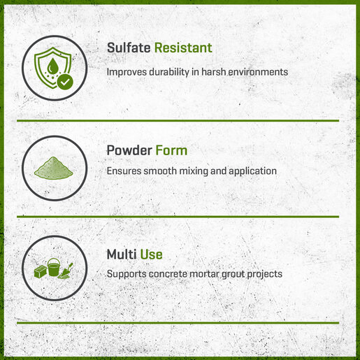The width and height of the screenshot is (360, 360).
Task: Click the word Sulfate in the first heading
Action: (x=129, y=48)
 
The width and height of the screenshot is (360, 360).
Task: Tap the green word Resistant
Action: (x=183, y=48)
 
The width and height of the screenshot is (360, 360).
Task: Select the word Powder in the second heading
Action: (x=129, y=150)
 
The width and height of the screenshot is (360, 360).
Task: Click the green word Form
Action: (x=171, y=150)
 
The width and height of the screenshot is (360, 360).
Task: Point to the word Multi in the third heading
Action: (x=122, y=254)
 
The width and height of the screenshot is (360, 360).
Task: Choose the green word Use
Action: (x=151, y=254)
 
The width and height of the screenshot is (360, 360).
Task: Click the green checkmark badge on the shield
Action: (x=65, y=82)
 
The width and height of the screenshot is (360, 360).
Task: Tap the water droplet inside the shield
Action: (x=52, y=65)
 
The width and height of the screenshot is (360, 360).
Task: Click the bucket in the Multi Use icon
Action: (x=54, y=267)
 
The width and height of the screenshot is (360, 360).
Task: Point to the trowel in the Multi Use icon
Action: (x=66, y=271)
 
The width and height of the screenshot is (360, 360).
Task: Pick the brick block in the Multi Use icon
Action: (x=41, y=271)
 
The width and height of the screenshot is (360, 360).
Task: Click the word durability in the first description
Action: (x=169, y=72)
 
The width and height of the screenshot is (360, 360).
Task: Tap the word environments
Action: (x=258, y=72)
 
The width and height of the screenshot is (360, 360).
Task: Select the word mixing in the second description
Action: (x=194, y=171)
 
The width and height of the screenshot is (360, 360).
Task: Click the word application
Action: (x=252, y=171)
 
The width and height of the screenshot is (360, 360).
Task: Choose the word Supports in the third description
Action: (x=127, y=274)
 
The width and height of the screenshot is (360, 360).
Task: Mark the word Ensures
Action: (x=124, y=171)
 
